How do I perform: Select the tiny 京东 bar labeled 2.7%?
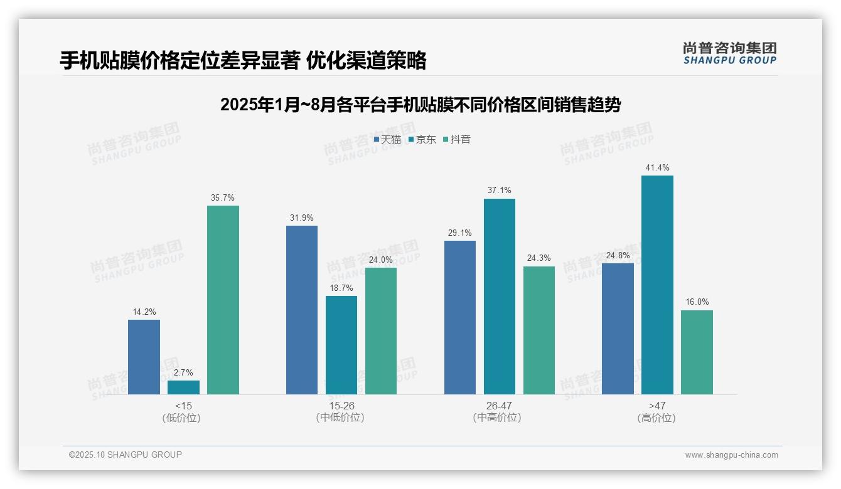pos(183,387)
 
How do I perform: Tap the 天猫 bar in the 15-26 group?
pos(302,310)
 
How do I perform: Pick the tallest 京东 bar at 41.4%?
pos(657,285)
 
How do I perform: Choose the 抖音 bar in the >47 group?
pos(697,352)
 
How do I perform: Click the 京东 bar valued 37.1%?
pos(500,297)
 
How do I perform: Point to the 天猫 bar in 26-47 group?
pos(460,317)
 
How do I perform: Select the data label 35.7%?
pos(223,197)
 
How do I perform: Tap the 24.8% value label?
pos(618,255)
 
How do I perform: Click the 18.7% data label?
pos(341,288)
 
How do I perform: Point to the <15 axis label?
pos(183,406)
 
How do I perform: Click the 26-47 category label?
pos(499,406)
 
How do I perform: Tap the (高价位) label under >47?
pos(656,418)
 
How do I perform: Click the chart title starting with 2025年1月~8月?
pos(420,105)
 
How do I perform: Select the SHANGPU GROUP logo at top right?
pos(730,53)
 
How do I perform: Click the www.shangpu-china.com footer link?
pos(731,455)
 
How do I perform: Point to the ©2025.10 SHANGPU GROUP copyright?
pos(126,455)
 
